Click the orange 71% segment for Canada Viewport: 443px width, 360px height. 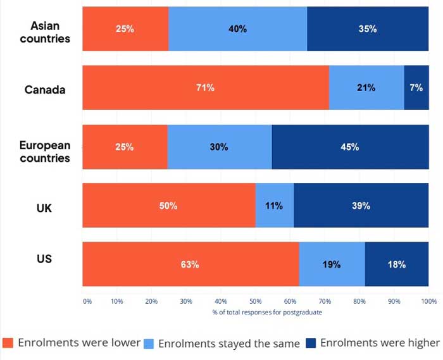pos(206,88)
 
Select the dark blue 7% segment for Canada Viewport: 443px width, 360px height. pos(416,88)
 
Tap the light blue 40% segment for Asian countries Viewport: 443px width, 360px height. pos(237,29)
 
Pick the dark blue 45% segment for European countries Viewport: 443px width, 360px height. pos(350,147)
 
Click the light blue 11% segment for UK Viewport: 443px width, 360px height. pos(274,206)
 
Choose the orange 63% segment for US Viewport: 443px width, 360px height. pos(190,264)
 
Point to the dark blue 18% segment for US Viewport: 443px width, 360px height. pos(397,264)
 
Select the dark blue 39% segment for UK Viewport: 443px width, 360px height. pos(361,206)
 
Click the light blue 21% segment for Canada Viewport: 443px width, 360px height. pos(366,88)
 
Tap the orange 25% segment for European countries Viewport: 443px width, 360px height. pos(125,147)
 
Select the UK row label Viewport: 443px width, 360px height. pos(45,206)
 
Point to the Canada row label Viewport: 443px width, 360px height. pos(45,90)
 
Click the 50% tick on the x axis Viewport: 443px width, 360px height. pos(256,301)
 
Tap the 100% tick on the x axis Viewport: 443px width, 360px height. pos(428,301)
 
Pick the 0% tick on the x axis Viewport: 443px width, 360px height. pos(87,301)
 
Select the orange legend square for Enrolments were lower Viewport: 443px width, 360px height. pos(8,343)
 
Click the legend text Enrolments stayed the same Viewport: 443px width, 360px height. pos(228,344)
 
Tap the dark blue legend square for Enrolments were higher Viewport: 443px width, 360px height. pos(311,343)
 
